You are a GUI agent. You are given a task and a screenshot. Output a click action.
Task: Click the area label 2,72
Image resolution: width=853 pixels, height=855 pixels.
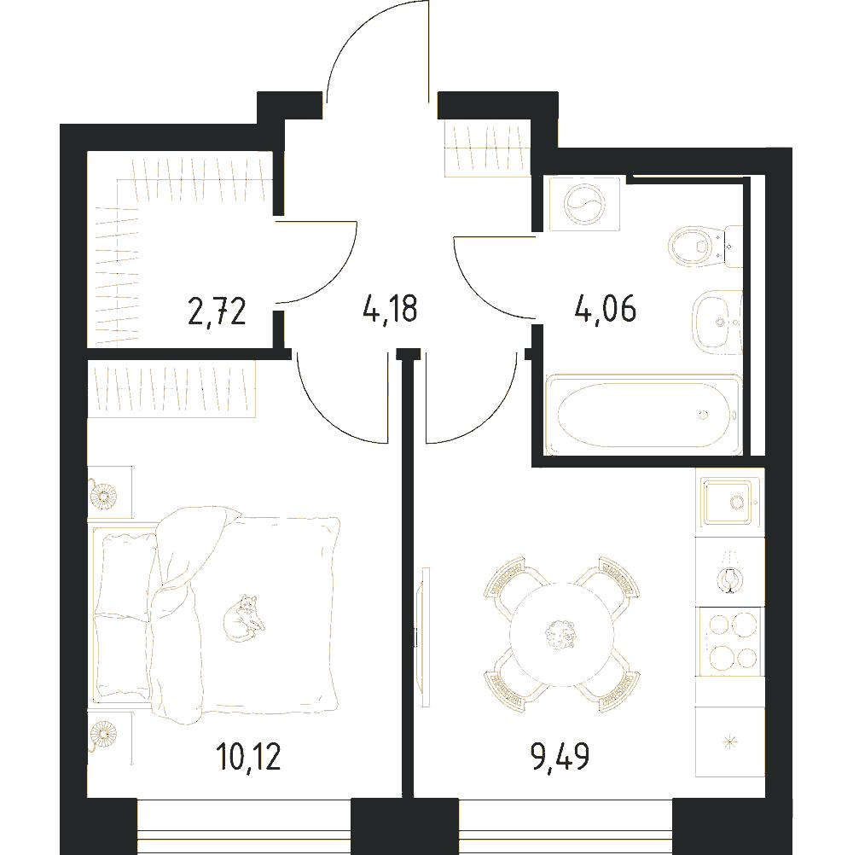(217, 311)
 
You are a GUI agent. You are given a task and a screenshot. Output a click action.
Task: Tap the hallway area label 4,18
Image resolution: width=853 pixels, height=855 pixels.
(390, 308)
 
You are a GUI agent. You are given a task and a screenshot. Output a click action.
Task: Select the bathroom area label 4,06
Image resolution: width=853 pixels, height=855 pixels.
(605, 309)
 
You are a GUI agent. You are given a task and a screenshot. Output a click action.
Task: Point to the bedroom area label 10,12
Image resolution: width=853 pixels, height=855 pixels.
(248, 756)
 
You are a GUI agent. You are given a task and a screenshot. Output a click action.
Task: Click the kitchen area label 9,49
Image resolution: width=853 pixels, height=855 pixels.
(560, 756)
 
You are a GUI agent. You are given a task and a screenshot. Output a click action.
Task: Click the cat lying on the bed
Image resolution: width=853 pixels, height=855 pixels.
(244, 618)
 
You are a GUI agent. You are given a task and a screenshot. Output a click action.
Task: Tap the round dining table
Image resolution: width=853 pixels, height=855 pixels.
(560, 635)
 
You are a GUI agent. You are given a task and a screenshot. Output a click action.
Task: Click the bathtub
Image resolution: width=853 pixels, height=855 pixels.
(643, 415)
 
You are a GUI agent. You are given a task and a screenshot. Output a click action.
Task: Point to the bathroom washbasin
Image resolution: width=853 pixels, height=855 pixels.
(718, 323)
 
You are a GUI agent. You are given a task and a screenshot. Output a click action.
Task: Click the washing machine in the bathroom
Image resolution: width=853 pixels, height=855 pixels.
(585, 203)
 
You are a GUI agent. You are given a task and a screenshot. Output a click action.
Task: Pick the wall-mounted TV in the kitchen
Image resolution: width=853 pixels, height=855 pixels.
(422, 637)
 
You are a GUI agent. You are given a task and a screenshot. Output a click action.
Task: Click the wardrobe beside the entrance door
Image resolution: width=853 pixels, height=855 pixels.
(487, 148)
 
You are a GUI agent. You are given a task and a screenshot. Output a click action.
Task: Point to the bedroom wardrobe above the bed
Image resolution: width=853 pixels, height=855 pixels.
(171, 389)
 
